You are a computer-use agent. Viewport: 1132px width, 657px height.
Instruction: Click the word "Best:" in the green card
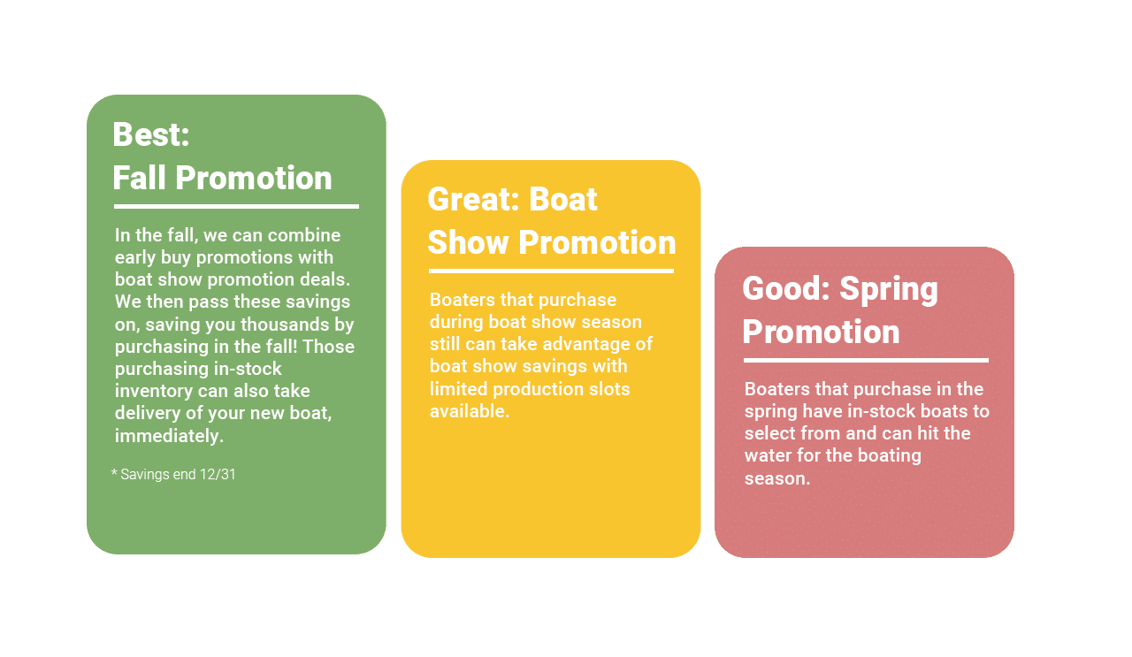click(x=151, y=134)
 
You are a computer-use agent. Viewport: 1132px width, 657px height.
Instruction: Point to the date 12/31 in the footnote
click(x=218, y=475)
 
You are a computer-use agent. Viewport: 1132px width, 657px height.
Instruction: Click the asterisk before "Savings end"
click(x=114, y=472)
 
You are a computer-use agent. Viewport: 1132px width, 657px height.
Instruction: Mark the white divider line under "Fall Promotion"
click(x=236, y=206)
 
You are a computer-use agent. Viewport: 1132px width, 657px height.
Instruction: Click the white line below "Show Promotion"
click(x=551, y=271)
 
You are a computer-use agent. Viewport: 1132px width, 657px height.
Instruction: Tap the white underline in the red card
click(x=866, y=361)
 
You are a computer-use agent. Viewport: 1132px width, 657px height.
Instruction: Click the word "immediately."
click(x=169, y=436)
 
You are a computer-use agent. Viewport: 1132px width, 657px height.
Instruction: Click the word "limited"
click(x=458, y=389)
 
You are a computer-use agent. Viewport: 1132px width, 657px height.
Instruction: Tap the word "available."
click(x=470, y=411)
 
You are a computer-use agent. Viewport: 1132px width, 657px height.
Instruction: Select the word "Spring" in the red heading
click(x=889, y=289)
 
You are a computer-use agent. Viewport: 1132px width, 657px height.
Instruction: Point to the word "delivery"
click(x=148, y=414)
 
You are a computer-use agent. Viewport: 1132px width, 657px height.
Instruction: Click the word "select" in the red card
click(x=767, y=433)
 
